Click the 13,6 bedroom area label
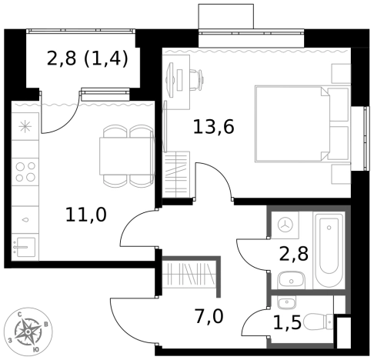(x=213, y=127)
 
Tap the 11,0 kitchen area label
(x=86, y=215)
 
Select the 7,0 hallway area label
(x=209, y=316)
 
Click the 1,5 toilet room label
(x=287, y=322)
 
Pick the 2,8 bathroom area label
(x=294, y=254)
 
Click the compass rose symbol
(x=28, y=332)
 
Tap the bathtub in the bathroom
(x=329, y=251)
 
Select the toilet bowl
(x=318, y=322)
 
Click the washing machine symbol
(x=286, y=225)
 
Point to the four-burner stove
(x=25, y=172)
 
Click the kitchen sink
(x=25, y=247)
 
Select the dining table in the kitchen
(x=127, y=156)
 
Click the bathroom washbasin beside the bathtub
(x=291, y=280)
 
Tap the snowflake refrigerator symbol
(x=25, y=127)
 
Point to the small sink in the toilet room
(x=287, y=302)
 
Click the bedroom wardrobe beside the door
(x=176, y=175)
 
